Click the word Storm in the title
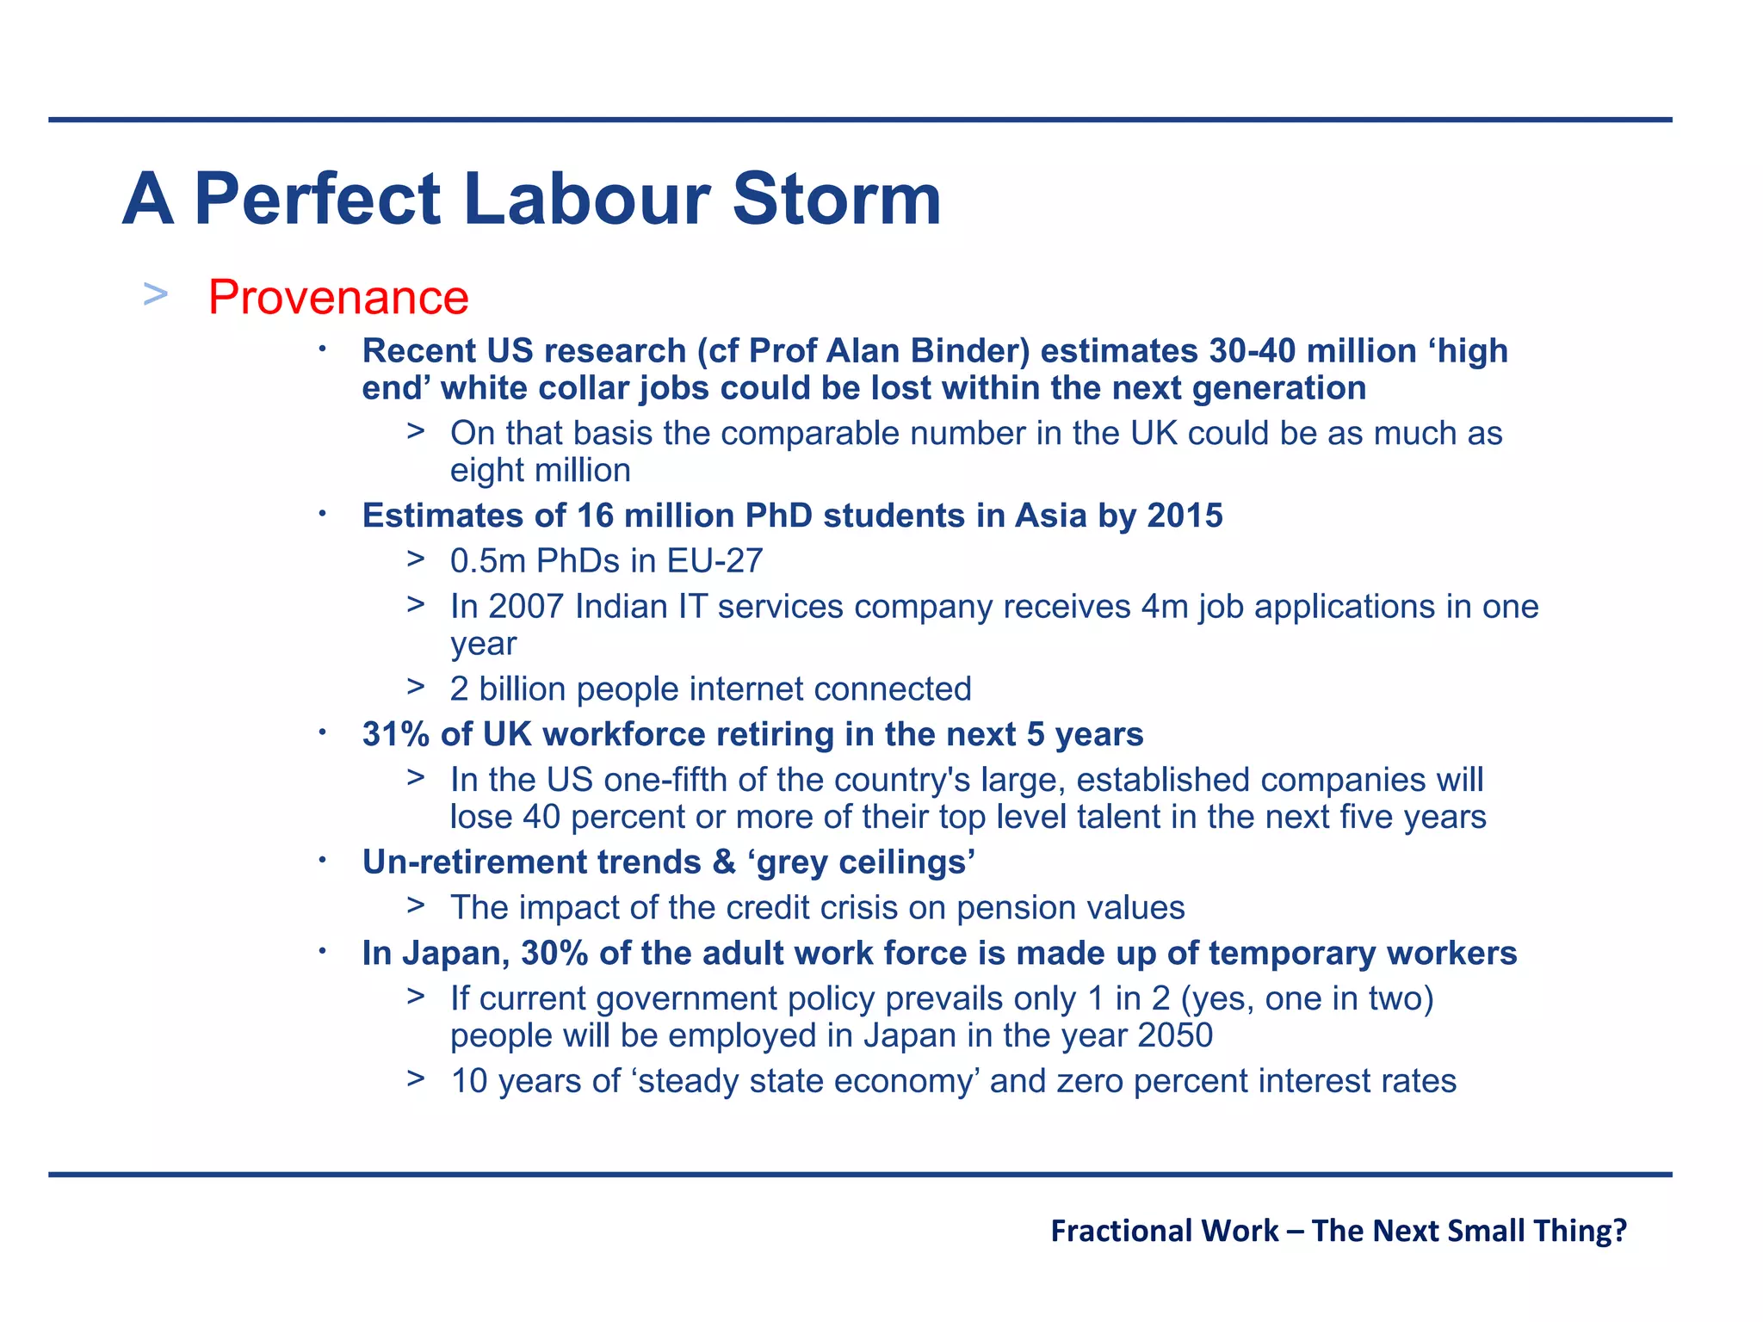[x=837, y=200]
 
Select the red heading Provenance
[x=338, y=298]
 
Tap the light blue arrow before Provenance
[x=156, y=294]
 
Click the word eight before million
[x=487, y=471]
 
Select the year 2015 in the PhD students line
[x=1185, y=516]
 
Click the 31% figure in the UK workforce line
[x=395, y=734]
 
